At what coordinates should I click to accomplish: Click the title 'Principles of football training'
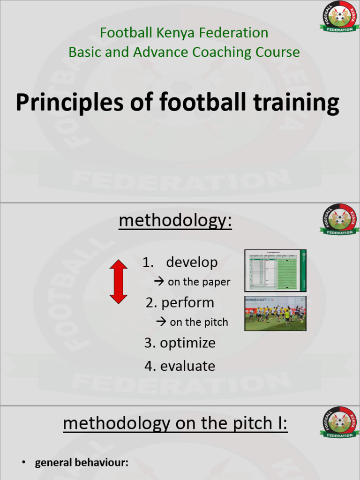[177, 103]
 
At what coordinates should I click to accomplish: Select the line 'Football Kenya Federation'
[184, 33]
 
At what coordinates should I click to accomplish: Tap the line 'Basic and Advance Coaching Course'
[184, 52]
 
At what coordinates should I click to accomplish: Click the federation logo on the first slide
[339, 18]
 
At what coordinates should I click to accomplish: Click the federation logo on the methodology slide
[339, 220]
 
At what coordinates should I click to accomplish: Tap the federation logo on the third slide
[339, 423]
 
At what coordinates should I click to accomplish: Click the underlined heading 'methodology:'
[175, 221]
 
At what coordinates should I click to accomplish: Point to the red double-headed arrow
[118, 281]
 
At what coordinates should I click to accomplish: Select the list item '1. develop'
[180, 262]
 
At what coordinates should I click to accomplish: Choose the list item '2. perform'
[180, 303]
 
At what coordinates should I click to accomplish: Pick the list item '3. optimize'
[180, 343]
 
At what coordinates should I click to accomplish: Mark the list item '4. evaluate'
[180, 366]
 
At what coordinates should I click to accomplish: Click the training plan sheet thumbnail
[275, 271]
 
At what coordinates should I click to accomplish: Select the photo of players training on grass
[275, 313]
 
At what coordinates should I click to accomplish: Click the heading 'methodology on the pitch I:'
[175, 424]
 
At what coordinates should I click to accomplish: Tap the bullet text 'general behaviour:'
[82, 463]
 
